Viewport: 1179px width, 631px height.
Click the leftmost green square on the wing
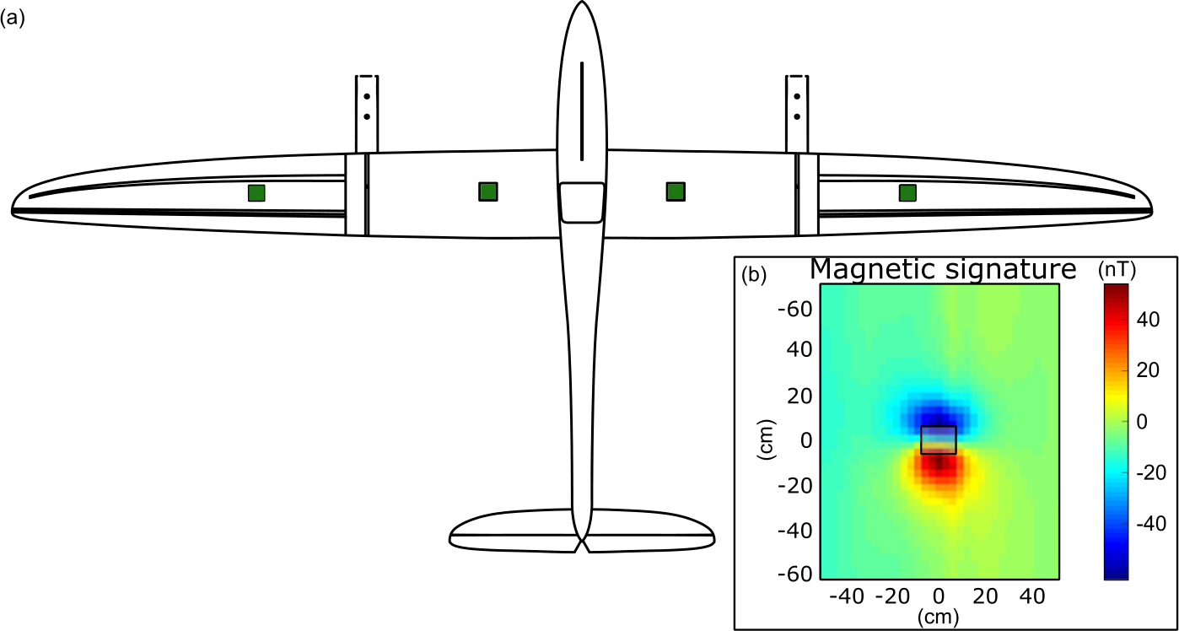(x=256, y=193)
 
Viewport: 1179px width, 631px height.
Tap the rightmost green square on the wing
(x=907, y=192)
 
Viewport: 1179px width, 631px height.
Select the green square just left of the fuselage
(x=488, y=191)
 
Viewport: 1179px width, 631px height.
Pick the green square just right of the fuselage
(x=676, y=191)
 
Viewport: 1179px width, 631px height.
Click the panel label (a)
(x=13, y=19)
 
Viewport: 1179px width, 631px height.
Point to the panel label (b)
(x=754, y=275)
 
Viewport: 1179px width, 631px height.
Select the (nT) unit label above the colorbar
(x=1117, y=271)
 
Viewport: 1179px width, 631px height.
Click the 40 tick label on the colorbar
(x=1149, y=320)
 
